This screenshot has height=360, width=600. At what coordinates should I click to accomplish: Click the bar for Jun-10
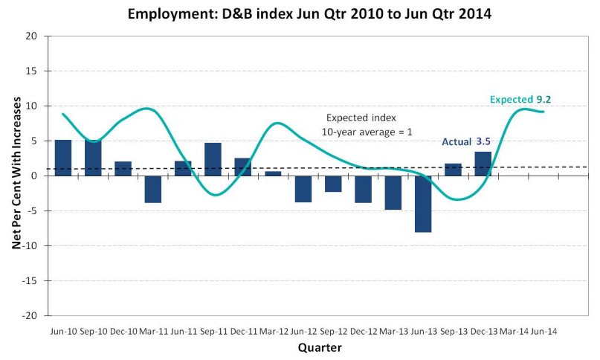(x=63, y=158)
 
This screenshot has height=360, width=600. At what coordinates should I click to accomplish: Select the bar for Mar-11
(x=153, y=189)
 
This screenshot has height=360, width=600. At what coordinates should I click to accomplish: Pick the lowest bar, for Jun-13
(x=423, y=204)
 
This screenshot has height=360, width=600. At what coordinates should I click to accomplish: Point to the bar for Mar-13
(x=393, y=193)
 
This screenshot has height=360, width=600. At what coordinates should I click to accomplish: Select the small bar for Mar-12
(x=273, y=173)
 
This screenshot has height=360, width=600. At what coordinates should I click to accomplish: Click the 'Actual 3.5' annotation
(x=466, y=141)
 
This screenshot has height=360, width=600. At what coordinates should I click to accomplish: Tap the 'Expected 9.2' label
(x=520, y=99)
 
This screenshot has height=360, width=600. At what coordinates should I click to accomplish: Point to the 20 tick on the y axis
(x=31, y=36)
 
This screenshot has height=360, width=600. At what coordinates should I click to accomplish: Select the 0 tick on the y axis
(x=34, y=176)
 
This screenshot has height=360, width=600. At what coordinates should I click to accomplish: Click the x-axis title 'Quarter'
(x=320, y=347)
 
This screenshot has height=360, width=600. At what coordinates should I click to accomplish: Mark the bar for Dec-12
(x=363, y=189)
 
